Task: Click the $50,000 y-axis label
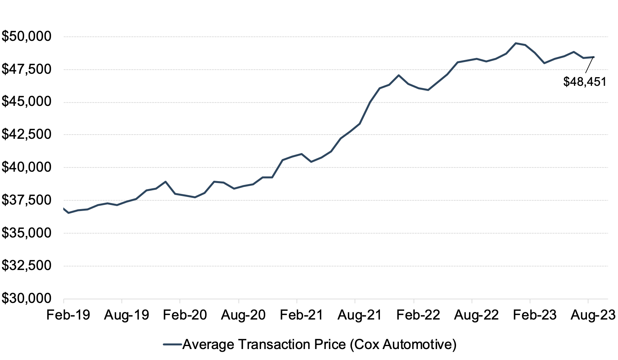pos(26,37)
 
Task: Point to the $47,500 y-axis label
pos(26,69)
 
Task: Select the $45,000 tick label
pos(26,102)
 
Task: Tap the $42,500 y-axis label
pos(26,135)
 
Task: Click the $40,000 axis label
pos(26,167)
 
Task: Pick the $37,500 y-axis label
pos(26,200)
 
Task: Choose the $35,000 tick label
pos(26,233)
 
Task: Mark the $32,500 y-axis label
pos(26,265)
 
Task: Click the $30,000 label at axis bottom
pos(26,298)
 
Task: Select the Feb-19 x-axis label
pos(68,315)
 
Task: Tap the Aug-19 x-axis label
pos(127,315)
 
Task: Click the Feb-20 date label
pos(185,315)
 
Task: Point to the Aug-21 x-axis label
pos(360,315)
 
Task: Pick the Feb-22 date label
pos(418,315)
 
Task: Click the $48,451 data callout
pos(585,82)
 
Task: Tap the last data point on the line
pos(594,57)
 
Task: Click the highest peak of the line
pos(516,43)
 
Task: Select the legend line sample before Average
pos(173,344)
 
